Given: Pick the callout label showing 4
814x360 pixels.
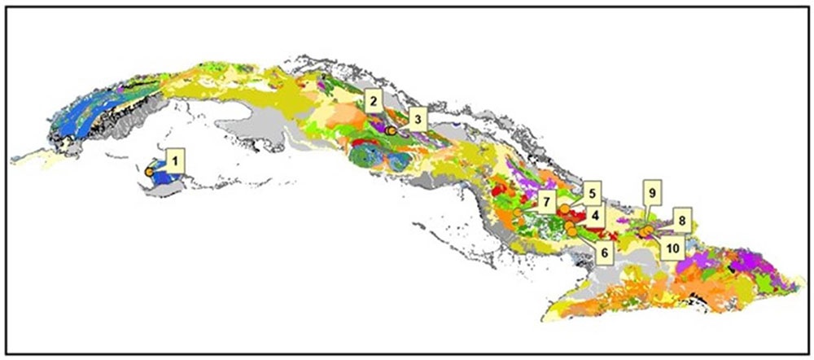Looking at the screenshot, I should coord(595,216).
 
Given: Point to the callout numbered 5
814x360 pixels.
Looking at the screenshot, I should coord(592,195).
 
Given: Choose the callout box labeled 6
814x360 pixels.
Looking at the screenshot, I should coord(603,252).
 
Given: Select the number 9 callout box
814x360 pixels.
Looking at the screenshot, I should coord(652,193).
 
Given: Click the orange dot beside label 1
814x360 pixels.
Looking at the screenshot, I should coord(150,173).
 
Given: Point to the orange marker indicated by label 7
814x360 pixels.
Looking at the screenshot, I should coord(518,213).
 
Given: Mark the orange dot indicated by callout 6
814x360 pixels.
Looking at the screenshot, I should coord(572,233).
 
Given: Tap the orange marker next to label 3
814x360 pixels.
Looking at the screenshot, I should coord(392,131).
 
